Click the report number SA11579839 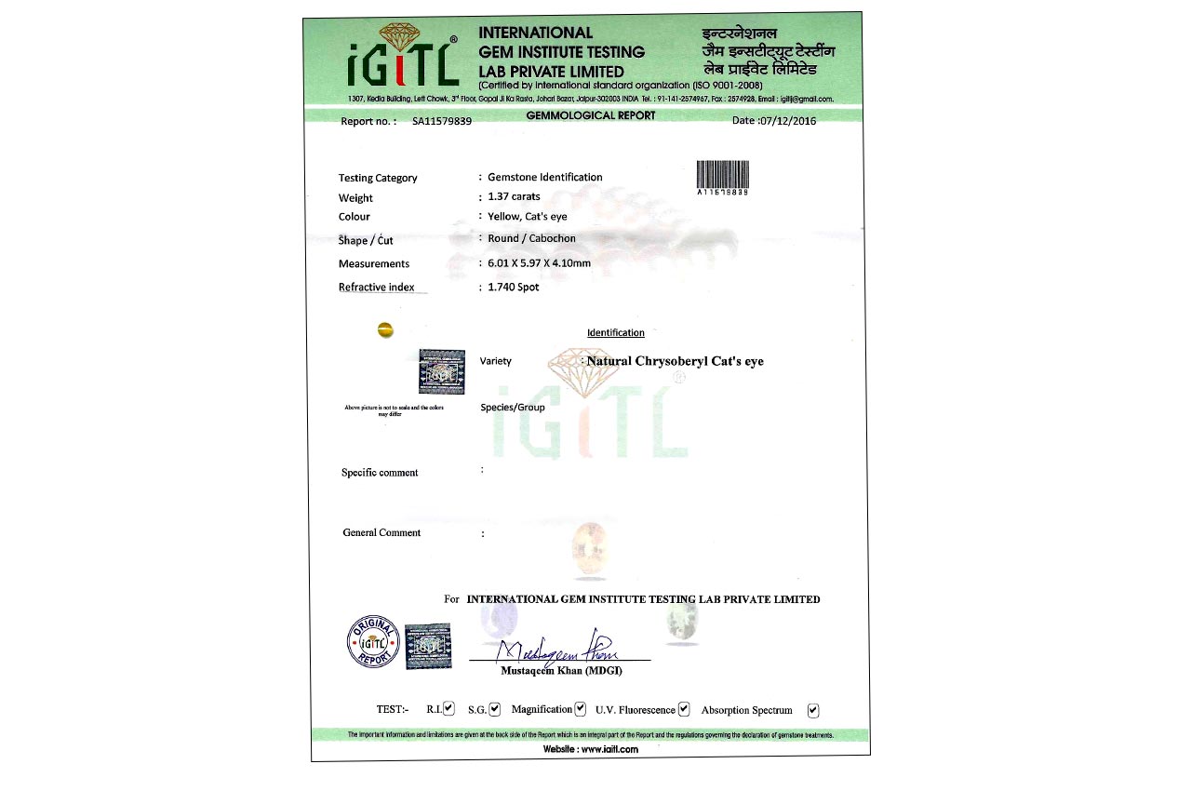(x=442, y=121)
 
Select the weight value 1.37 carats (x=514, y=196)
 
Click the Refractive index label (x=377, y=287)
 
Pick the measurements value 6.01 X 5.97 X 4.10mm (x=540, y=262)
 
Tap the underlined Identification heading (x=615, y=332)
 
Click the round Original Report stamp (x=373, y=641)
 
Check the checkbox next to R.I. (x=449, y=709)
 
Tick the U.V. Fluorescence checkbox (x=684, y=709)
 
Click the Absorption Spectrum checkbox (x=813, y=710)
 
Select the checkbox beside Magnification (x=581, y=709)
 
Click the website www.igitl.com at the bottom (x=591, y=749)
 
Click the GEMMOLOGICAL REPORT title (x=591, y=115)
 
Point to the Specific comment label (x=380, y=473)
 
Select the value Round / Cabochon (x=532, y=238)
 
